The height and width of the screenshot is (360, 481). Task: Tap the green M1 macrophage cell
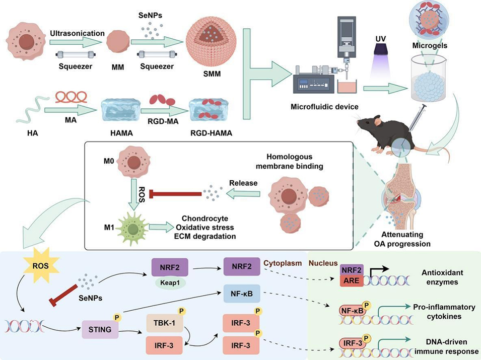coord(132,229)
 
